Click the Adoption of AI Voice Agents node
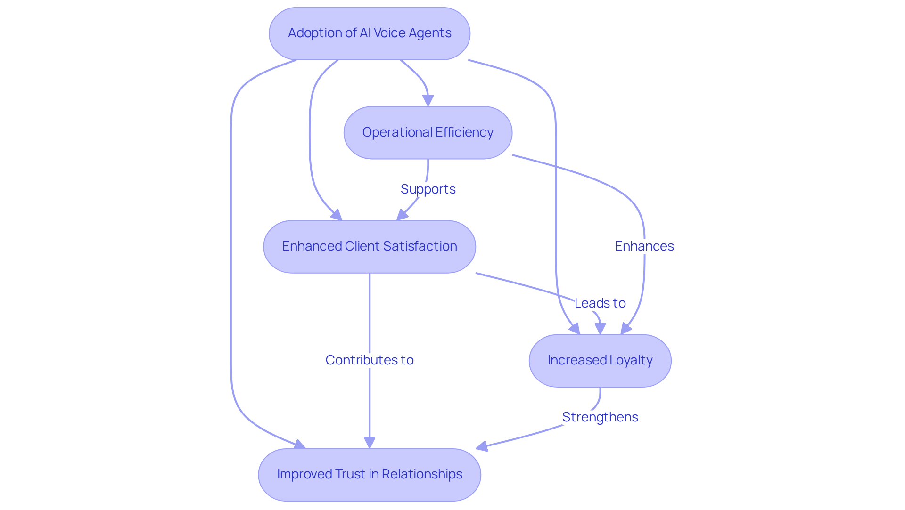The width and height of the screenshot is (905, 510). point(369,33)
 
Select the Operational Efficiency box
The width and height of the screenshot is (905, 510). point(428,132)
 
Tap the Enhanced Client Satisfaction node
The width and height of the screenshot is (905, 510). point(369,246)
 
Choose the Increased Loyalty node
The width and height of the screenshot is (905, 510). point(600,360)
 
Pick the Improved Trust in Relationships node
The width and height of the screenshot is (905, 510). point(369,474)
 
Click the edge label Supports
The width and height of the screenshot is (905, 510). point(428,189)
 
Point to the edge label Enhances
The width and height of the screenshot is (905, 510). point(644,246)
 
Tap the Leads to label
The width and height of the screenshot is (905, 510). point(600,303)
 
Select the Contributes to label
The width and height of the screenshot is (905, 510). point(369,360)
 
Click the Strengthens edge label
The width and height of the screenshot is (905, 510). point(600,417)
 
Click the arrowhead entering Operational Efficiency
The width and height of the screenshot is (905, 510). point(428,101)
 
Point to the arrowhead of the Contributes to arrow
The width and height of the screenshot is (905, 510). point(370,443)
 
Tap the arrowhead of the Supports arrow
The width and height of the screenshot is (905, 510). point(401,216)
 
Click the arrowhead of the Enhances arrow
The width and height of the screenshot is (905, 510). point(625,329)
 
